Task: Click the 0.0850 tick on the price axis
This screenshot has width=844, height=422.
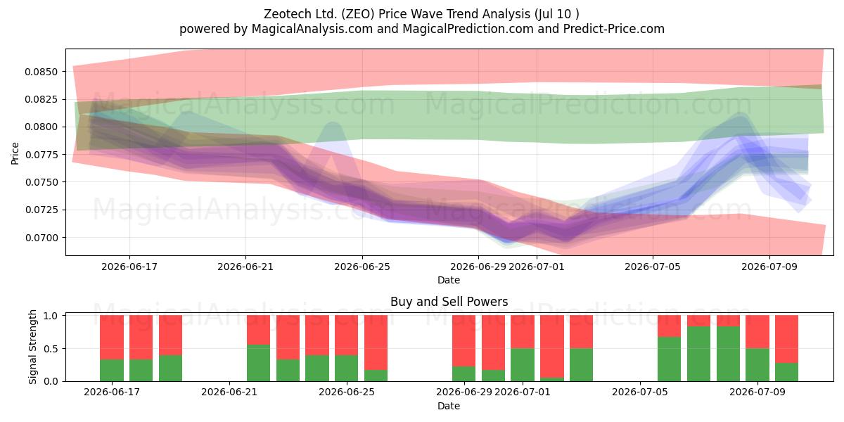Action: coord(41,72)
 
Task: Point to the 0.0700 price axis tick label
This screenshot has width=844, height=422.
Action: coord(41,238)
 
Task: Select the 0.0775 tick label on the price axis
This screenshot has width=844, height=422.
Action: coord(41,155)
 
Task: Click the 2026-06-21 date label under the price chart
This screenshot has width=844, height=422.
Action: coord(245,267)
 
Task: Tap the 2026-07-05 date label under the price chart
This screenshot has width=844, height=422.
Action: coord(653,267)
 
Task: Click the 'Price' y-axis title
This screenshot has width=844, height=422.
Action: coord(15,153)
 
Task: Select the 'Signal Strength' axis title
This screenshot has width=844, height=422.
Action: coord(32,347)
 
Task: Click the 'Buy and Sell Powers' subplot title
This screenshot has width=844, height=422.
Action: coord(449,302)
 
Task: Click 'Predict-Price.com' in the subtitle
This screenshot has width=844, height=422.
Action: coord(614,29)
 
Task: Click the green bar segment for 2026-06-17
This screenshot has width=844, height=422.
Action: coord(112,371)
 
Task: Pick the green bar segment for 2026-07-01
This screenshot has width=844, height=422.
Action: coord(522,365)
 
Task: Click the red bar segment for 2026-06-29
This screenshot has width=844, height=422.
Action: coord(463,341)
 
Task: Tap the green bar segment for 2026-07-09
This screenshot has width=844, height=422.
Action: coord(757,365)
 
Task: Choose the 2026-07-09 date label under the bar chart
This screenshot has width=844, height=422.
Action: coord(757,392)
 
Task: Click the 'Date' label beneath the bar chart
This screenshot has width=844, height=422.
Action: coord(449,406)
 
